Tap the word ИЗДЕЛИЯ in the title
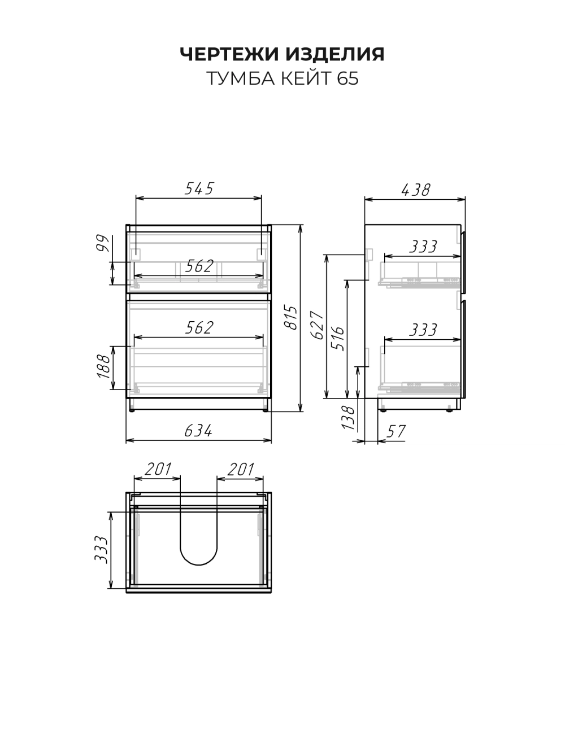tap(336, 54)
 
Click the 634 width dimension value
tap(198, 431)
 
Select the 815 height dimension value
tap(292, 318)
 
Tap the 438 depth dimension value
tap(415, 190)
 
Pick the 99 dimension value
tap(103, 243)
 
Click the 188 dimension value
tap(103, 367)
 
